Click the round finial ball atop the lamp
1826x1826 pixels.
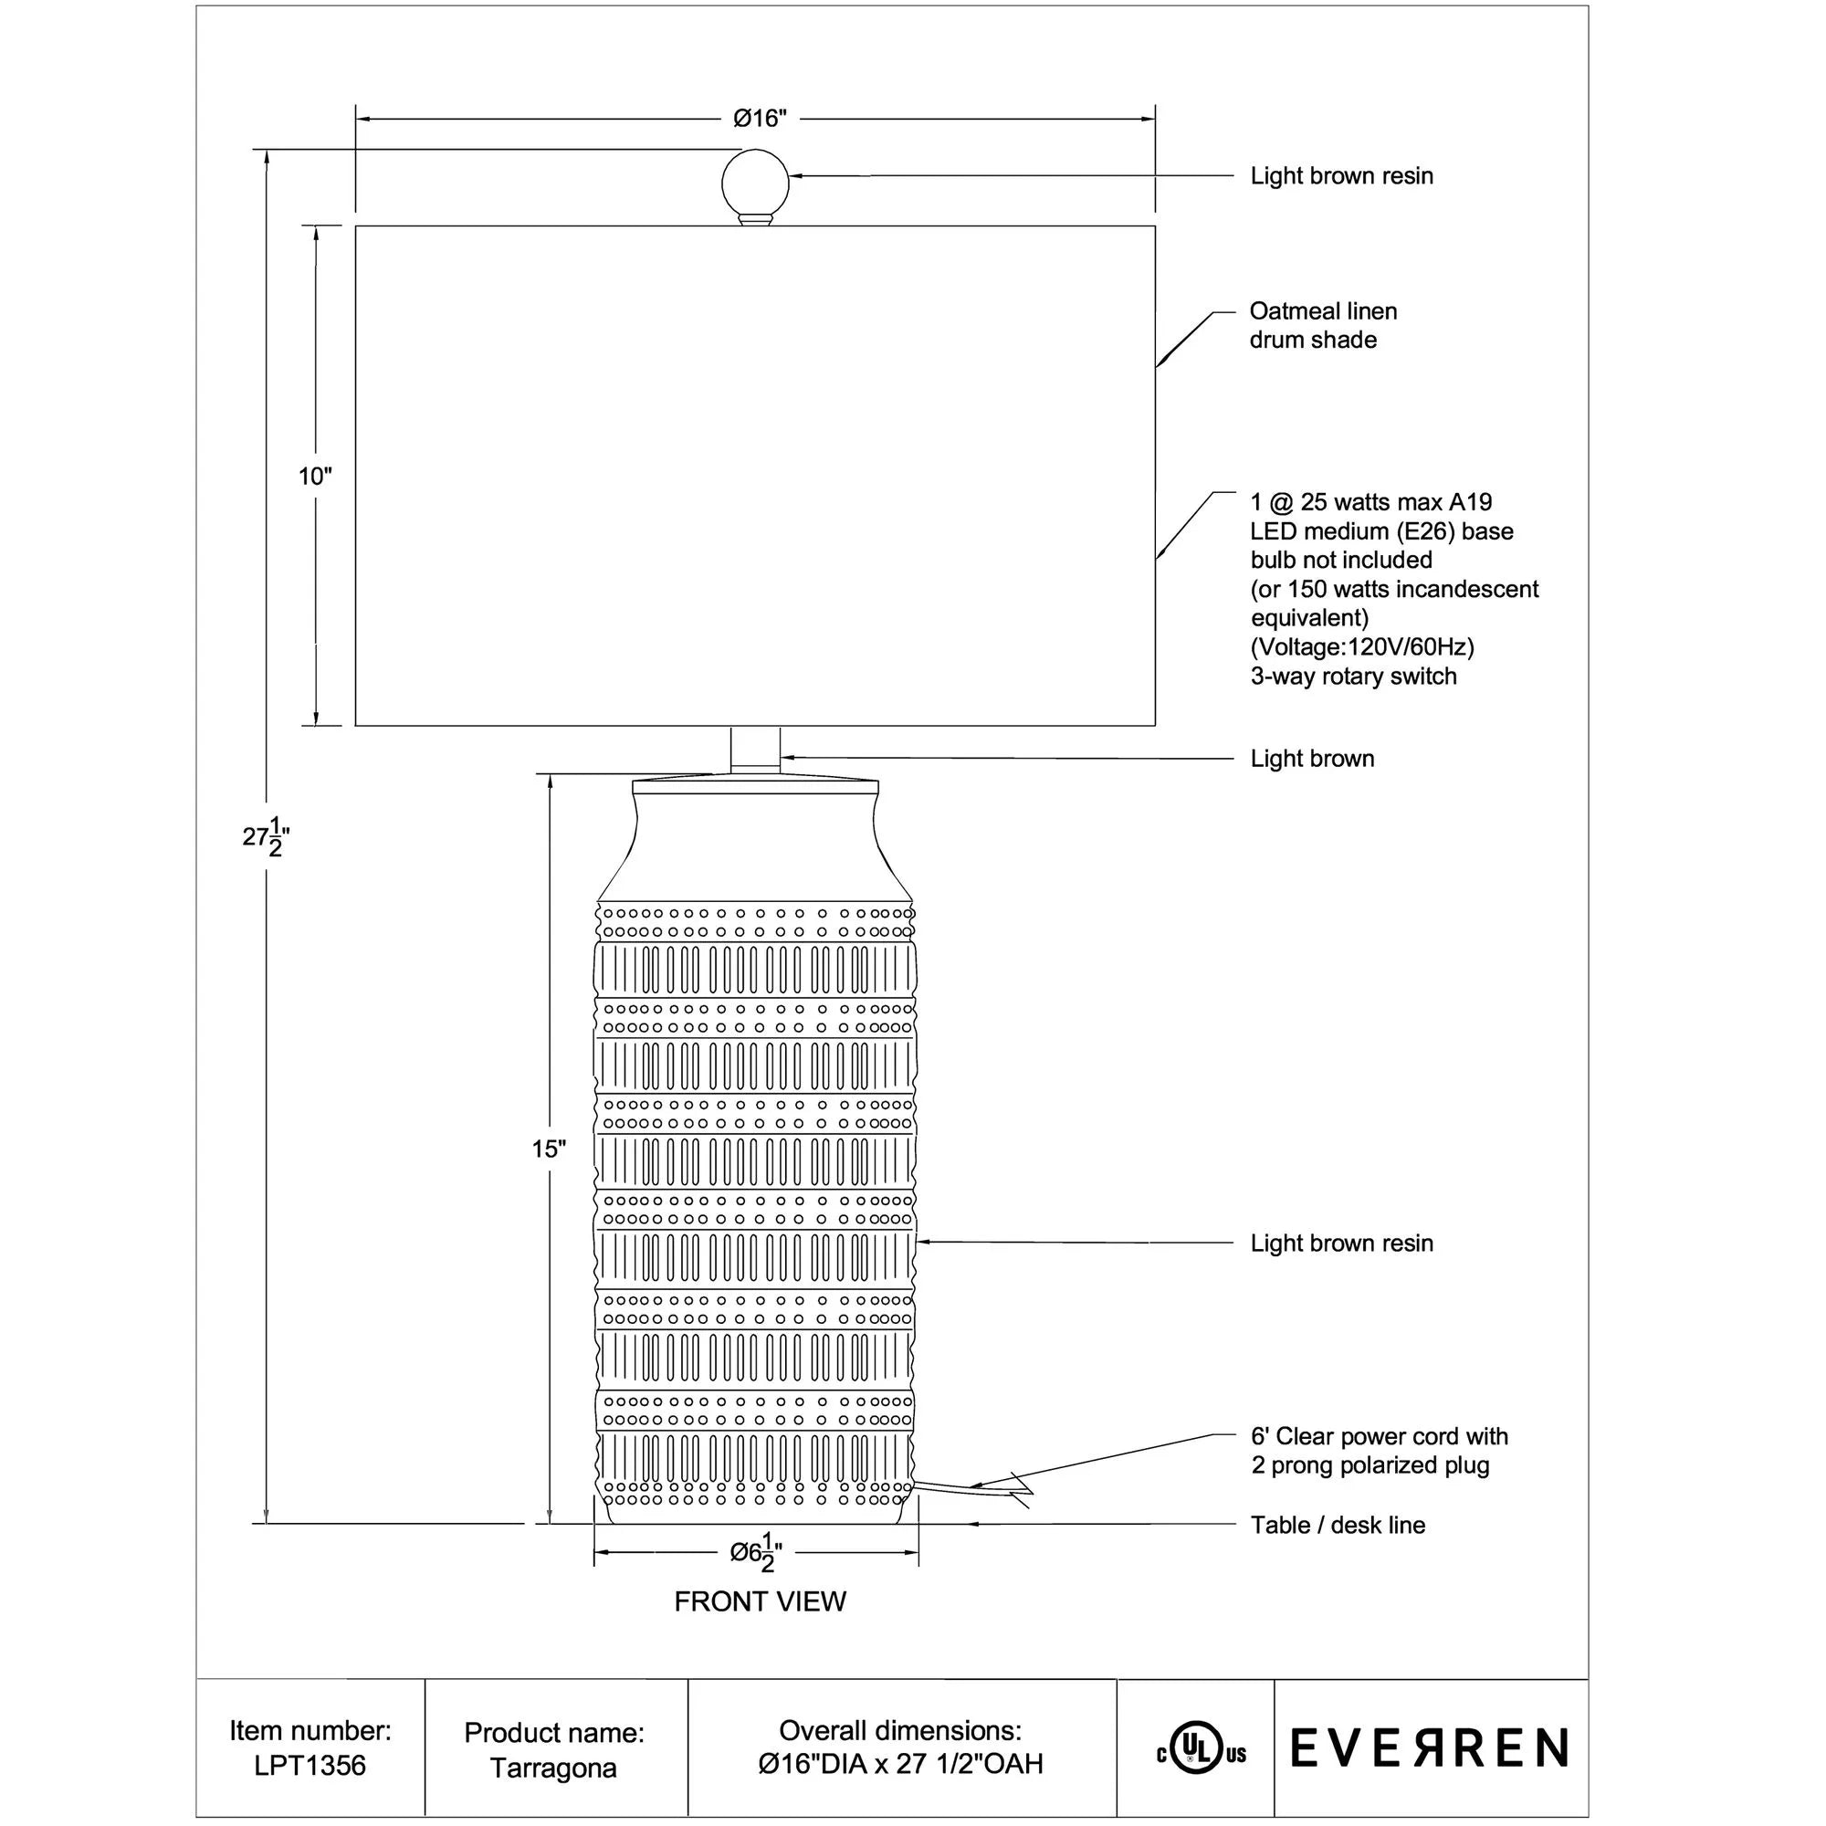point(754,183)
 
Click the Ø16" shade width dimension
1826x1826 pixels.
point(760,118)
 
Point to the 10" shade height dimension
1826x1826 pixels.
point(316,477)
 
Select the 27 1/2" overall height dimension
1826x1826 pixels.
point(266,836)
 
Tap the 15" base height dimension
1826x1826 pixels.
point(548,1149)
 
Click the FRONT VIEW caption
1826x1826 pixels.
point(760,1602)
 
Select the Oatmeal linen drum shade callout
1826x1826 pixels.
point(1322,325)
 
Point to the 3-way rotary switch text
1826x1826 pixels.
point(1353,676)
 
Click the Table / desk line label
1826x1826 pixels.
point(1338,1525)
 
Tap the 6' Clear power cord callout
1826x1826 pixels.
point(1379,1451)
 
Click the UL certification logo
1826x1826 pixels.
point(1201,1755)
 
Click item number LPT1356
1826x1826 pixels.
point(310,1766)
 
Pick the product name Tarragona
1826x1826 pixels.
point(553,1768)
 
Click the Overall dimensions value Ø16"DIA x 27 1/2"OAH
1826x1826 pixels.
point(900,1764)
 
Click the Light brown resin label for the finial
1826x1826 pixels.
point(1341,176)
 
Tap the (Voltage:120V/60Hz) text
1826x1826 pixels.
point(1362,647)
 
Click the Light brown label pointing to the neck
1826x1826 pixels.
point(1312,758)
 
